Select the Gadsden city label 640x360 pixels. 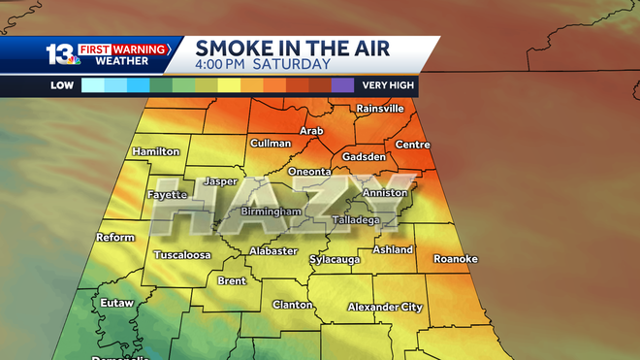point(365,156)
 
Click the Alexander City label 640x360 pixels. point(385,307)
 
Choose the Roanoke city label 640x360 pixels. point(455,258)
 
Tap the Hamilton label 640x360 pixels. point(156,151)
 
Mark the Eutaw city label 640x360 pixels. point(116,303)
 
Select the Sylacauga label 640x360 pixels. point(335,259)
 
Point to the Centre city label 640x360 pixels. point(412,145)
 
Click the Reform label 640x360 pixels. point(114,237)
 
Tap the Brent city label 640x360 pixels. point(232,280)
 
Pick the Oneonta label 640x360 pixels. point(309,171)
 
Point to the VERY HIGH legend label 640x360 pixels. point(388,84)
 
